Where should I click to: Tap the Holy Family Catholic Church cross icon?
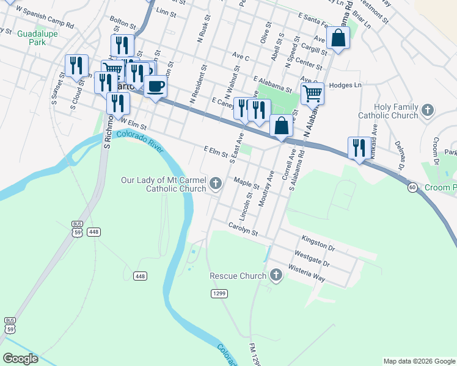[428, 110]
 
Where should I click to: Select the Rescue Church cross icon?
[276, 275]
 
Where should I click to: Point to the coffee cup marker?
[156, 85]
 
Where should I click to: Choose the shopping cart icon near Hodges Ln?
[312, 93]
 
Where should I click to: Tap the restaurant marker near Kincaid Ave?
[359, 148]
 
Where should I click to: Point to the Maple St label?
[247, 182]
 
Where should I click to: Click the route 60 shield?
[413, 187]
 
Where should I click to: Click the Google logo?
[20, 359]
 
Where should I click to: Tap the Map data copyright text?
[419, 361]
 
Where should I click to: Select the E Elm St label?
[216, 151]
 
